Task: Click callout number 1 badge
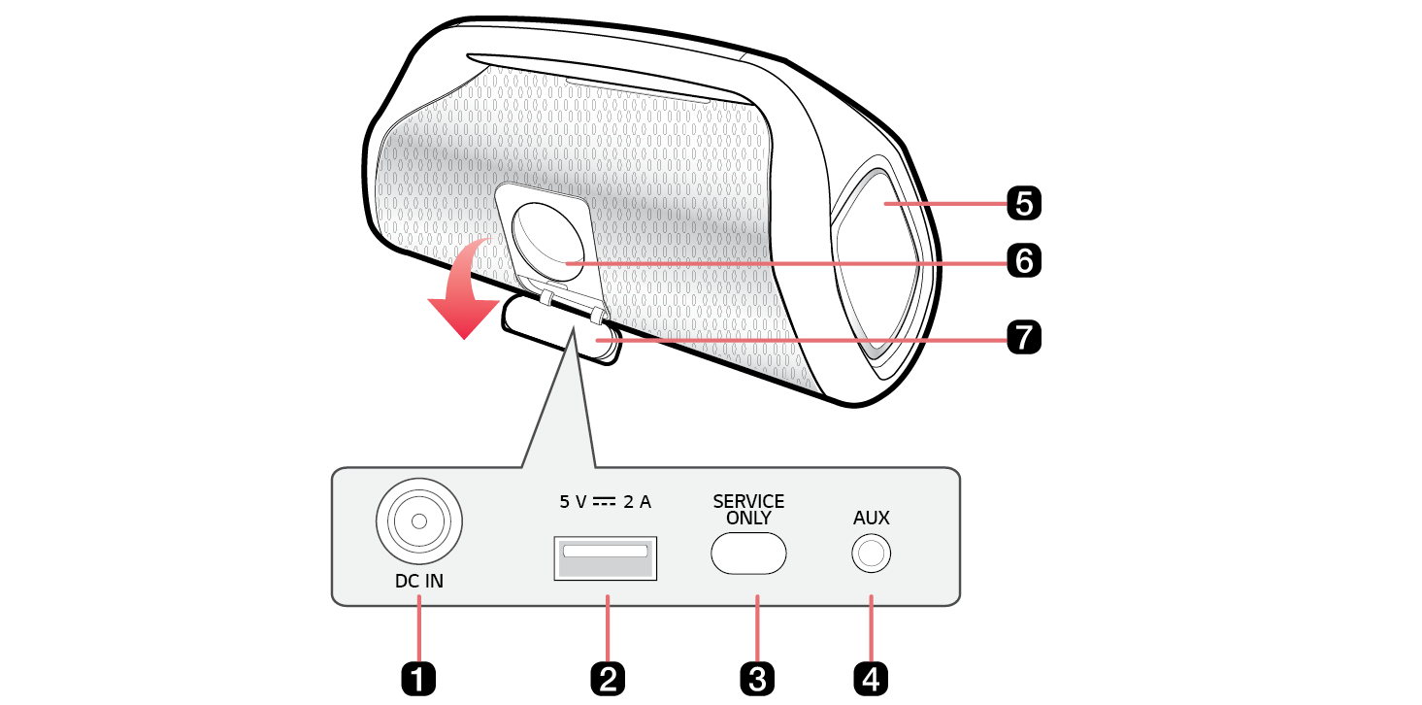[418, 679]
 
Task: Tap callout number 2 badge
[608, 679]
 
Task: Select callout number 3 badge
[757, 679]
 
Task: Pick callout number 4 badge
[871, 679]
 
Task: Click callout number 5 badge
[1024, 203]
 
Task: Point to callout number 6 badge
[1024, 260]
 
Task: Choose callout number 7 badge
[1024, 337]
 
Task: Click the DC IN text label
[419, 581]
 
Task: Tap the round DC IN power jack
[419, 521]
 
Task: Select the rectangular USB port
[605, 558]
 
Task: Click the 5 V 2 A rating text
[605, 502]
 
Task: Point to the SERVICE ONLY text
[748, 510]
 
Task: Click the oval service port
[748, 554]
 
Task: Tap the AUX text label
[871, 518]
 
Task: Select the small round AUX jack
[871, 554]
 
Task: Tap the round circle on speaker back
[547, 243]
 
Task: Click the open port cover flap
[559, 330]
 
